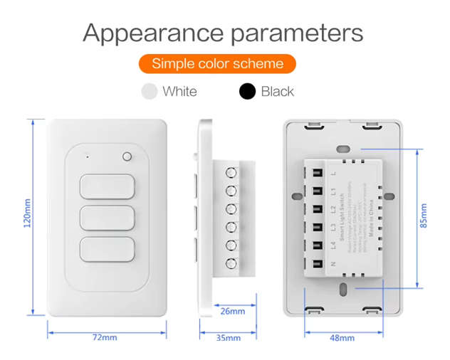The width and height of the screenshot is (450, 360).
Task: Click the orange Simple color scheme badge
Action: click(217, 63)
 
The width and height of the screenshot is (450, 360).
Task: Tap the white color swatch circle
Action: click(149, 91)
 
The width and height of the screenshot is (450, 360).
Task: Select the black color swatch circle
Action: click(247, 91)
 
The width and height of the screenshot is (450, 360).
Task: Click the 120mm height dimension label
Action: click(27, 213)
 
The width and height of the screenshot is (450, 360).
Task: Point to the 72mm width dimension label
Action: click(105, 337)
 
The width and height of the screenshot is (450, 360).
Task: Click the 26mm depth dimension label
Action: click(231, 311)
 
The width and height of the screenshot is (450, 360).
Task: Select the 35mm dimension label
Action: click(228, 337)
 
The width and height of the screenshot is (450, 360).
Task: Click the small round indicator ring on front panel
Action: click(127, 157)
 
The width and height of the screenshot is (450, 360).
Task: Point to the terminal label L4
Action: click(333, 246)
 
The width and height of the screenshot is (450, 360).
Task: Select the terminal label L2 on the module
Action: click(333, 209)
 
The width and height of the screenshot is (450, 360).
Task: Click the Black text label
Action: click(277, 91)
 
